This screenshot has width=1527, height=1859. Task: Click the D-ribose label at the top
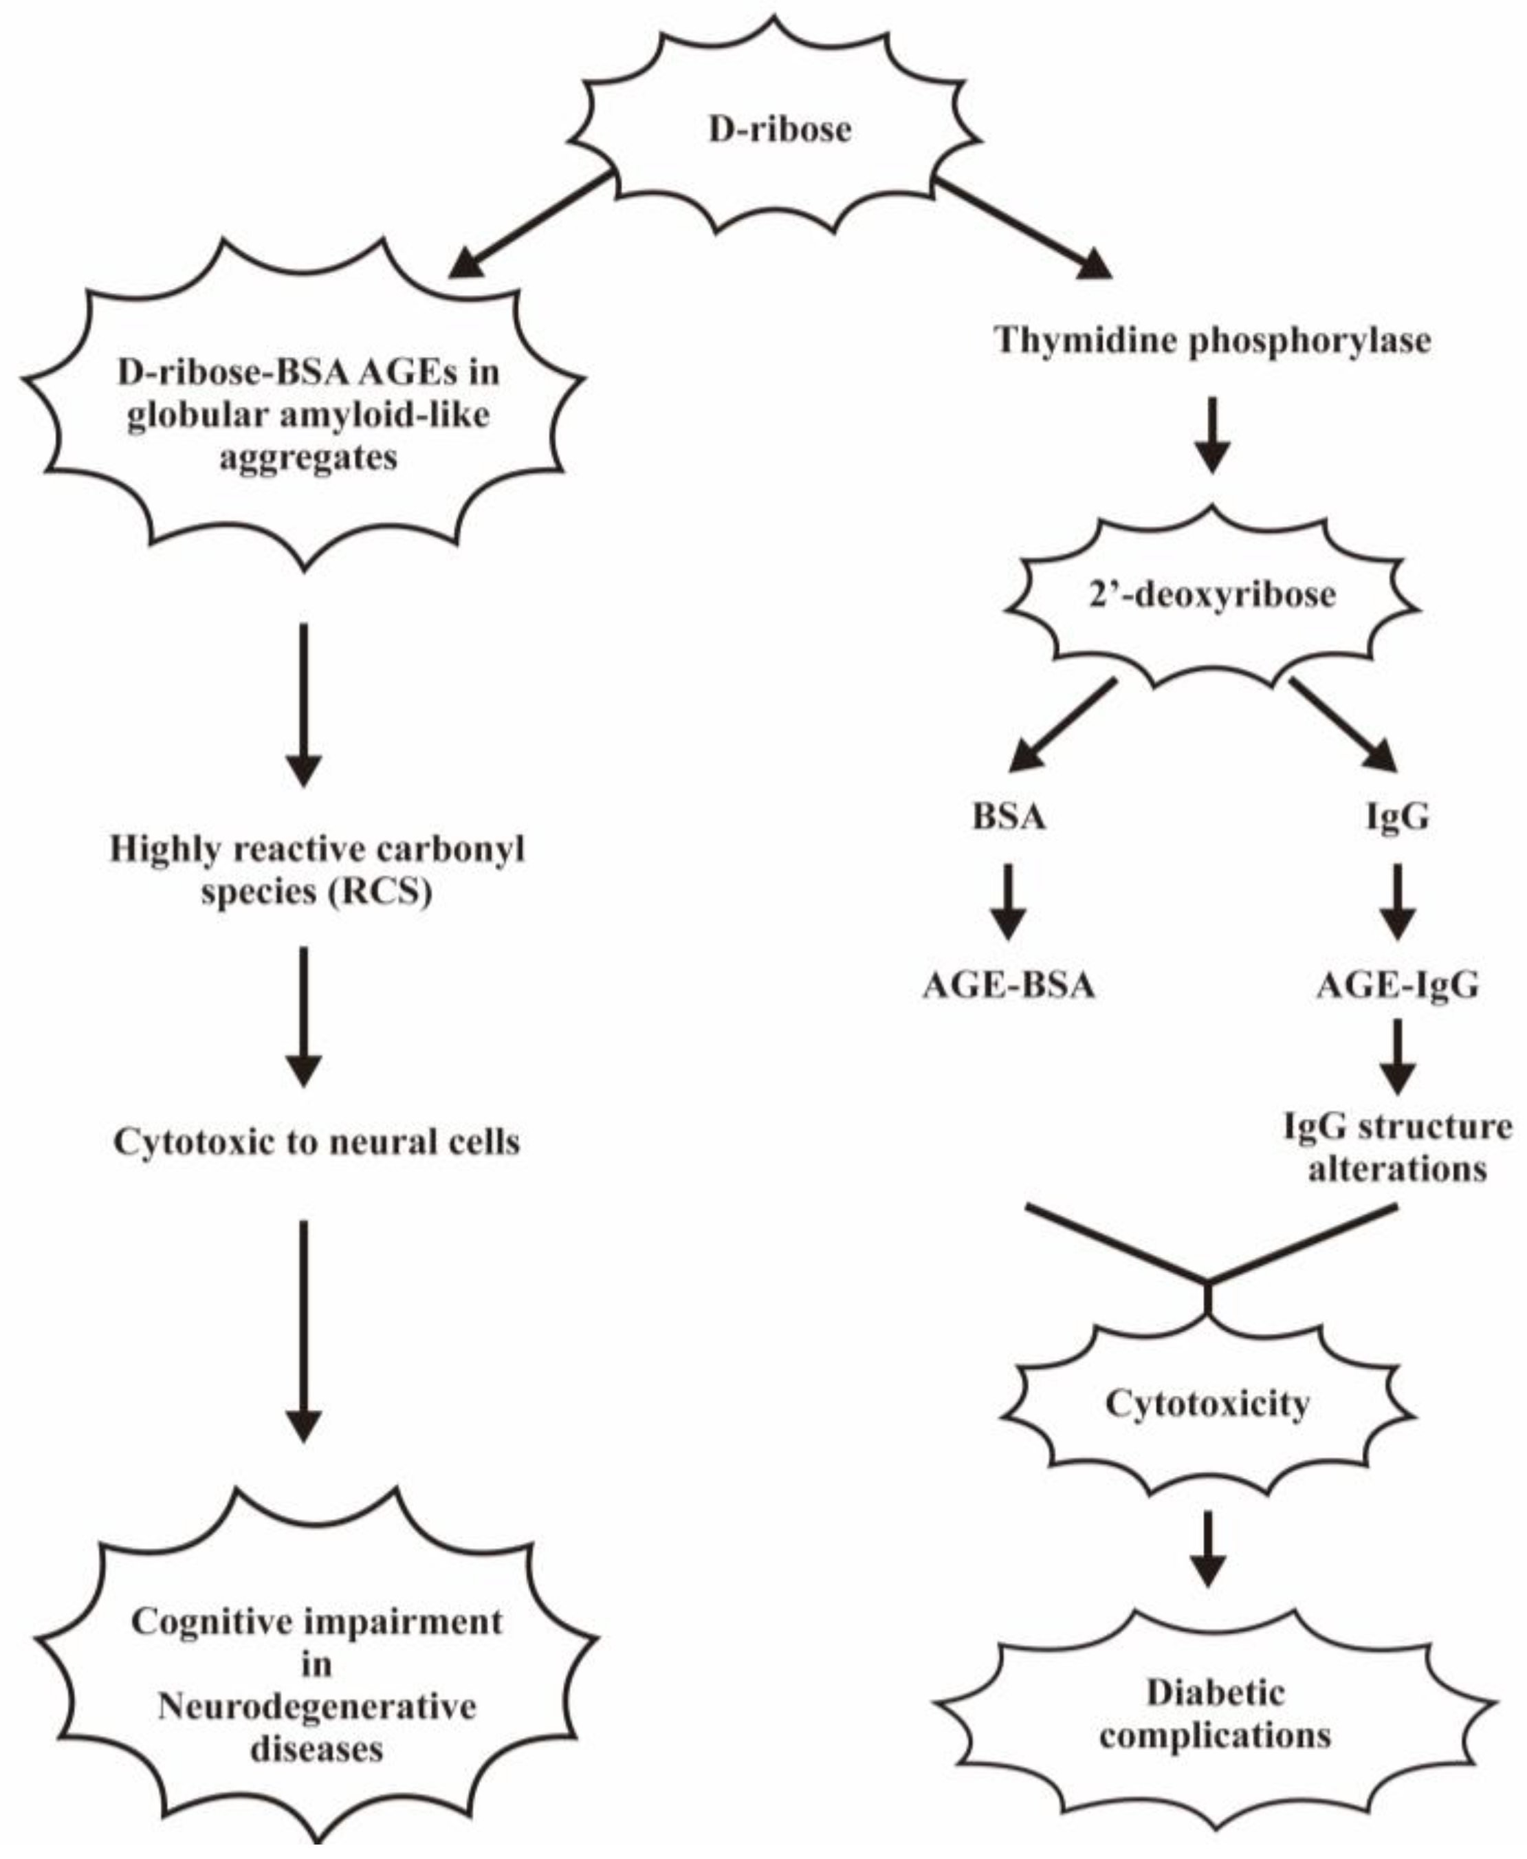[x=780, y=129]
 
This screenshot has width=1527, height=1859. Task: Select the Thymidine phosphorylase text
[x=1212, y=340]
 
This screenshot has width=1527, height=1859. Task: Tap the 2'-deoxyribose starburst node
[x=1212, y=596]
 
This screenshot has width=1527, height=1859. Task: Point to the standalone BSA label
[x=1008, y=817]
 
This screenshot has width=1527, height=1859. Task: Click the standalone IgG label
[x=1397, y=817]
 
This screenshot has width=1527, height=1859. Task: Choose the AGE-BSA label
[x=1008, y=986]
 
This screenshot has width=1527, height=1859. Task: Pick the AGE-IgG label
[x=1397, y=986]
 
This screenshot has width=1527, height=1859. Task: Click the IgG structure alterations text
[x=1397, y=1147]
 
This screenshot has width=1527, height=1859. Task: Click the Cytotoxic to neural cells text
[x=317, y=1142]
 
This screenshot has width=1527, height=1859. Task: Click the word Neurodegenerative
[x=317, y=1707]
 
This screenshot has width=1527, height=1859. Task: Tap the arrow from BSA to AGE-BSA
[x=1008, y=902]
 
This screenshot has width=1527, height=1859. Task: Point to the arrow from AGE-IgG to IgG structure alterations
[x=1397, y=1056]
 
